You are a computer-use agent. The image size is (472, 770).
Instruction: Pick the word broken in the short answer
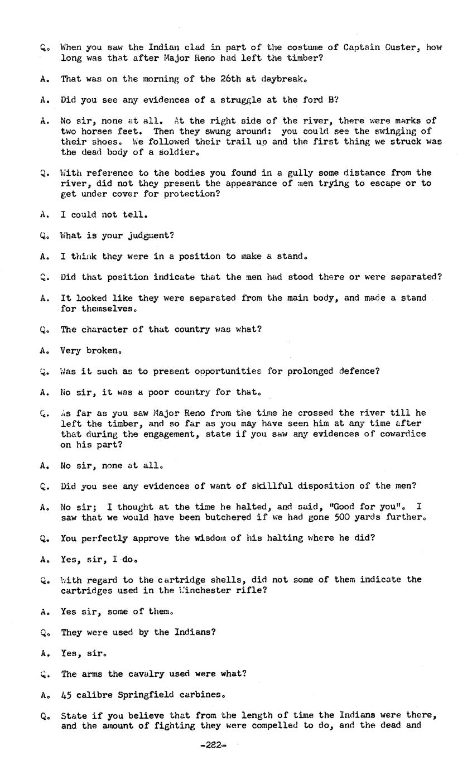(104, 350)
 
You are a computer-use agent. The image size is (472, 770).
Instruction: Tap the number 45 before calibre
(66, 695)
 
